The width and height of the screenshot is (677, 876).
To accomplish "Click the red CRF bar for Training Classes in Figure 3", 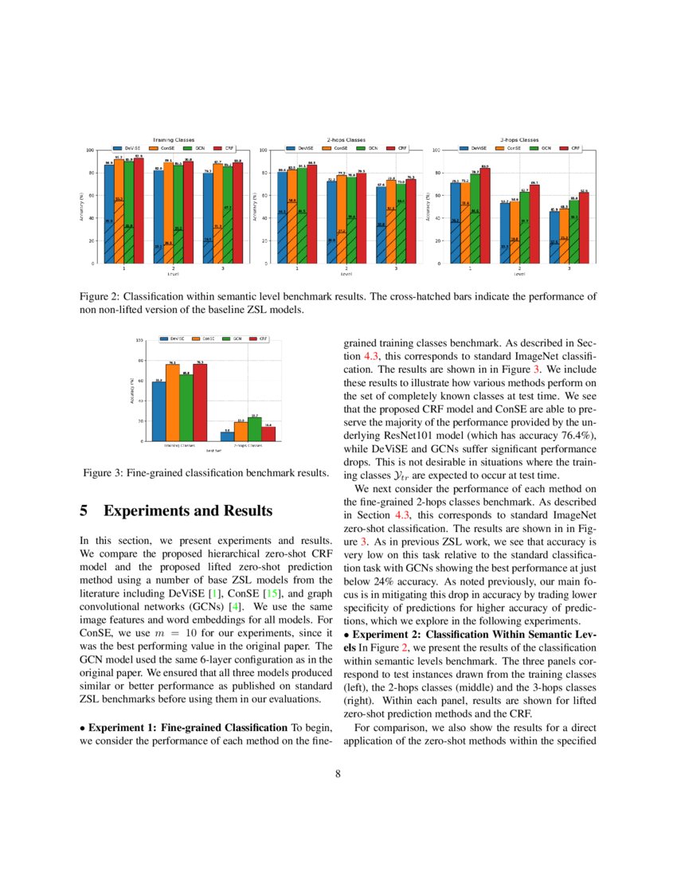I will tap(200, 402).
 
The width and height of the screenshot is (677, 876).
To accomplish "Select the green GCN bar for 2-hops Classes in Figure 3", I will tap(255, 428).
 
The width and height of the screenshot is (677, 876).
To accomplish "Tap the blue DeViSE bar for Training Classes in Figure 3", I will tap(158, 411).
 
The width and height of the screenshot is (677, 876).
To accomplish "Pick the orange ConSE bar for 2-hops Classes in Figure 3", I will tap(241, 431).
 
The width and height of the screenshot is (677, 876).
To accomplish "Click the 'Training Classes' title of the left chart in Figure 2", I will tap(173, 140).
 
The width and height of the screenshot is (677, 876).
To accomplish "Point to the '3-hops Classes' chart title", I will tap(519, 140).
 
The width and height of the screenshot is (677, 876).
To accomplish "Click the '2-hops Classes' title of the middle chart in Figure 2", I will tap(346, 140).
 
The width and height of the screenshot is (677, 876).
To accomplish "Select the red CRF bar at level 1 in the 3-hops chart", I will tap(484, 215).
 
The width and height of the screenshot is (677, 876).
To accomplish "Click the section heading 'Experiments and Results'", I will tap(188, 510).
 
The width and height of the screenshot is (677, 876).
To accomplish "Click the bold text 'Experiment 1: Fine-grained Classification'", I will tap(187, 727).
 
